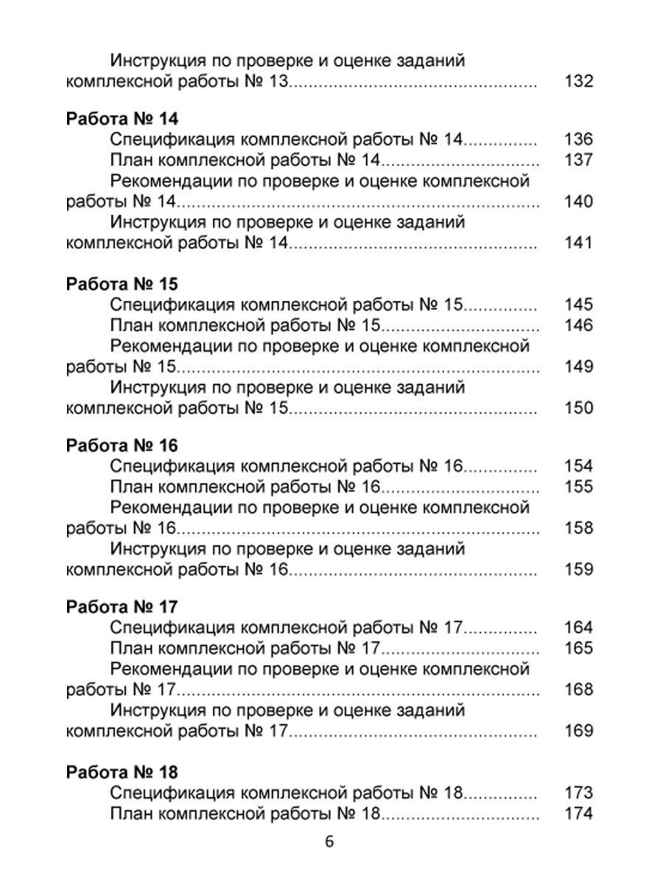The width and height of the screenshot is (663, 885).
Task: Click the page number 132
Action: point(578,81)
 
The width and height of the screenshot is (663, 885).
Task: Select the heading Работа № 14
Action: point(122,119)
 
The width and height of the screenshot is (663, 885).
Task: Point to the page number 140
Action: point(578,201)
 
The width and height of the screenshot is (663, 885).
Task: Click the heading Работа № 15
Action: point(122,284)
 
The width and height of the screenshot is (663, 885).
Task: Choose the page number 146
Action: point(578,325)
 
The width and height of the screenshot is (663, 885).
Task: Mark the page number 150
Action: point(578,407)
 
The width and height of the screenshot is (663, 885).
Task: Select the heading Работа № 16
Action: point(122,446)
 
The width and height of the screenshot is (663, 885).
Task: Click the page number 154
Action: point(578,466)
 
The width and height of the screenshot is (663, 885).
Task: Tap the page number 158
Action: point(578,528)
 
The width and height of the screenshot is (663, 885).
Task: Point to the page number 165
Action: point(578,648)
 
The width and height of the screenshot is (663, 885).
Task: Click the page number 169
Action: point(578,731)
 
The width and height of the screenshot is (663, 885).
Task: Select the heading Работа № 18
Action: point(122,772)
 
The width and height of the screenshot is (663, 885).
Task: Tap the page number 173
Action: point(578,794)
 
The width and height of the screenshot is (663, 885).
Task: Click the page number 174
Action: point(578,814)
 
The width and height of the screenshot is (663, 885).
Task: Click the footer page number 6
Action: point(329,841)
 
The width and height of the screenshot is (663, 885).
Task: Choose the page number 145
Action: point(578,305)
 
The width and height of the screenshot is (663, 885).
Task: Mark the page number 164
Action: point(578,628)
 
